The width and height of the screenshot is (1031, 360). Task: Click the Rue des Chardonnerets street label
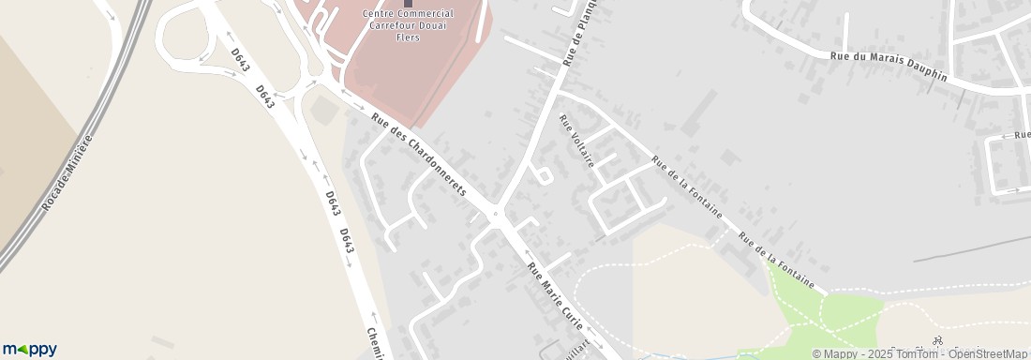(419, 154)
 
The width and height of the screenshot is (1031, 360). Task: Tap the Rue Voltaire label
(576, 141)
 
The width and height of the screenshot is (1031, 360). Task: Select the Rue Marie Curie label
(557, 296)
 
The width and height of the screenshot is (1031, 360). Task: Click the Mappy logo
(28, 349)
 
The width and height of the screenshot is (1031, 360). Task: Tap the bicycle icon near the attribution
(938, 341)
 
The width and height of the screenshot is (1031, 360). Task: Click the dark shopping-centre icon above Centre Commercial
(408, 3)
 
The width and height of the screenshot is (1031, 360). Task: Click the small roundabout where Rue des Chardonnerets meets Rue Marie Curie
(496, 214)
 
